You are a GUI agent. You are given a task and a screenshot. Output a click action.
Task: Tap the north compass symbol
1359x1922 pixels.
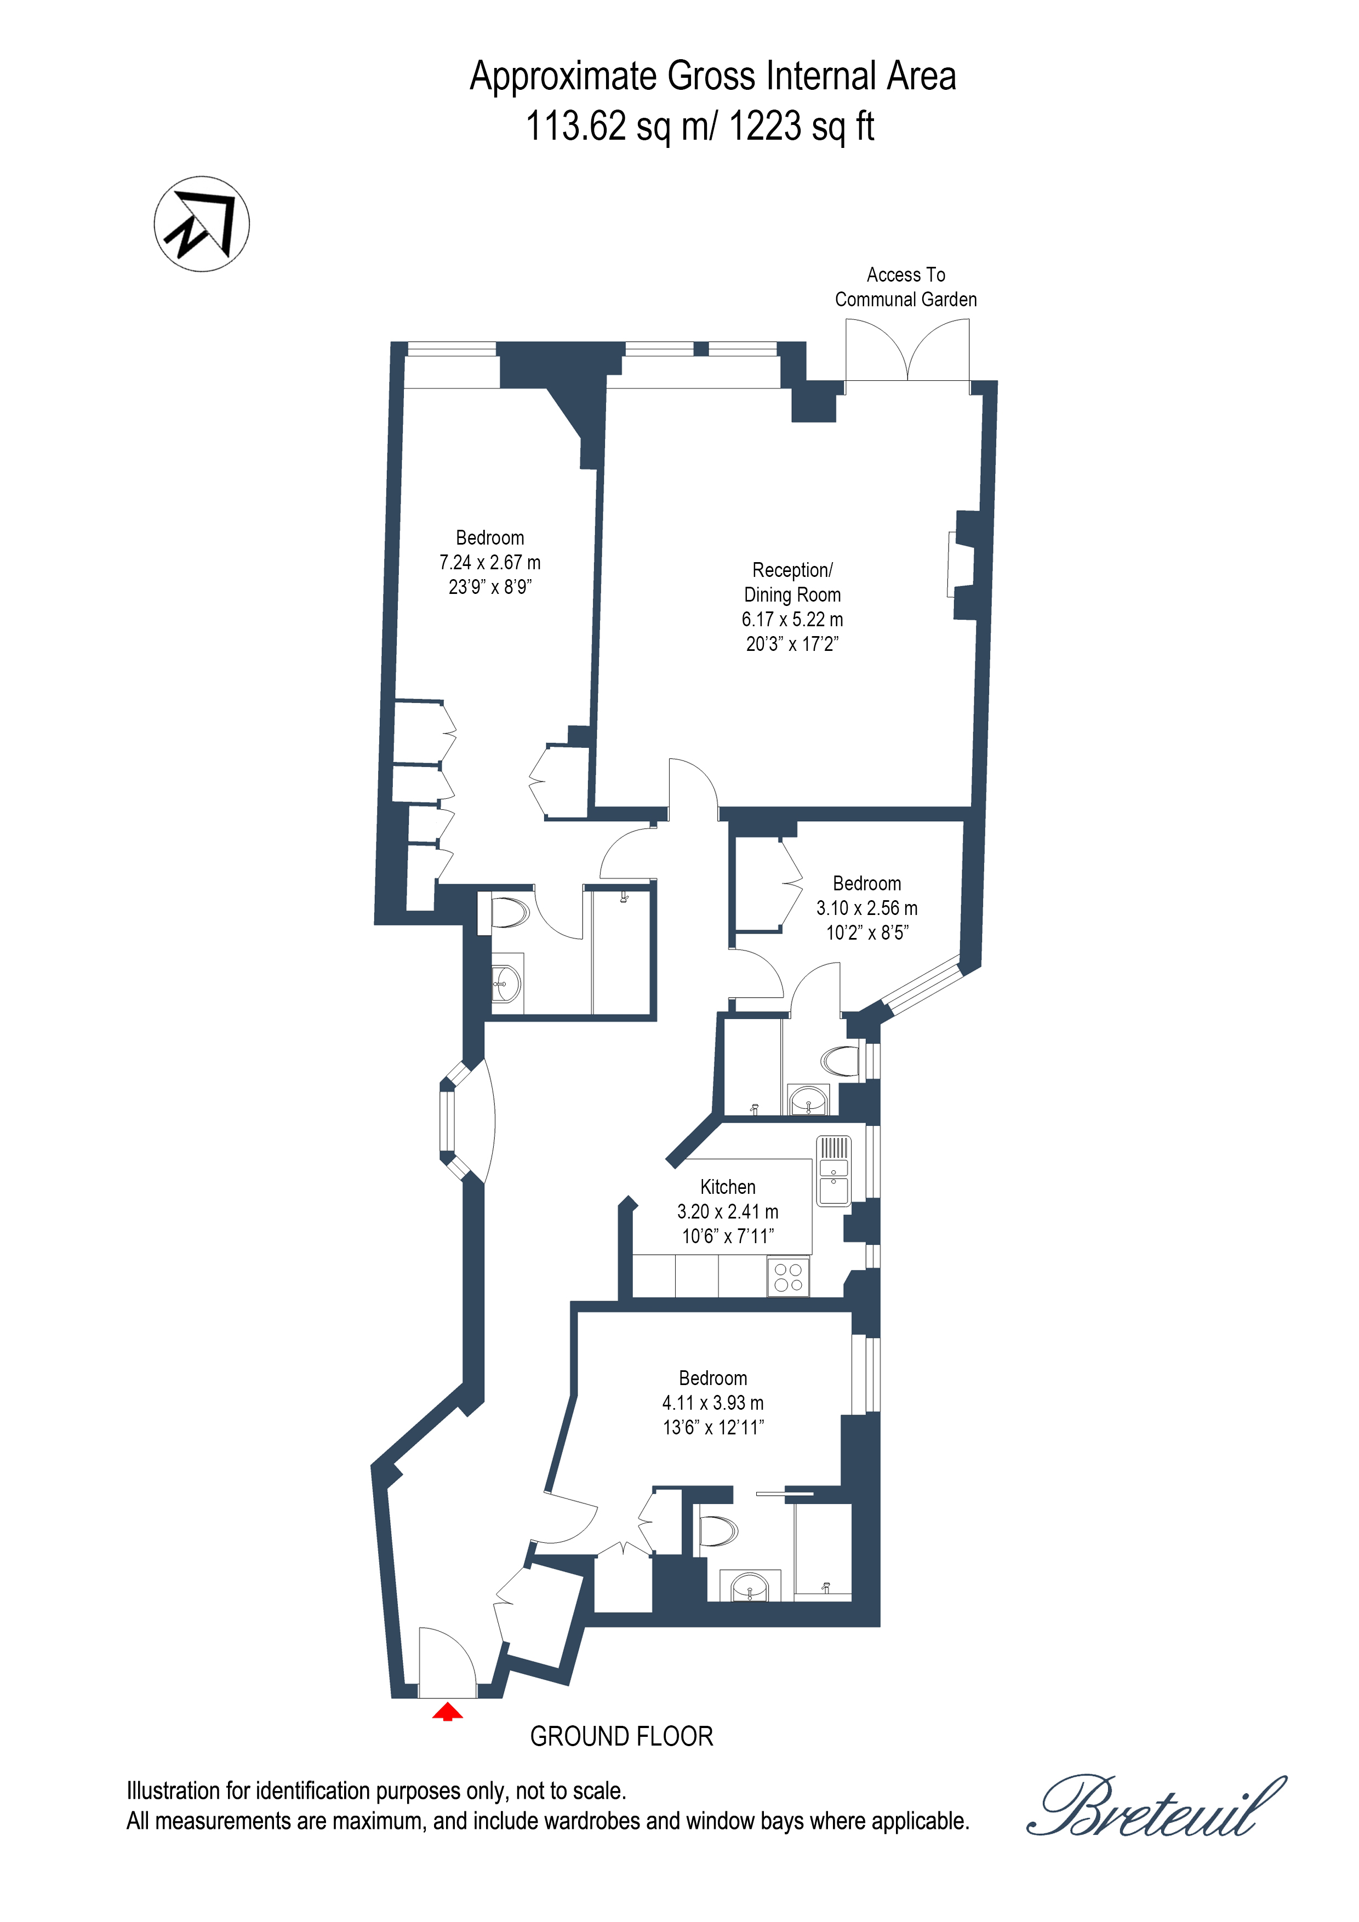(202, 224)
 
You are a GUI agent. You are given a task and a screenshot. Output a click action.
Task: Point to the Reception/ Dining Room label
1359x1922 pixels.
(792, 582)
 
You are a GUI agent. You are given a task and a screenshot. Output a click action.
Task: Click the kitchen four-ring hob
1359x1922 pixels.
(788, 1278)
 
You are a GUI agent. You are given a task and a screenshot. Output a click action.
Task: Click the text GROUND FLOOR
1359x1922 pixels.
(621, 1736)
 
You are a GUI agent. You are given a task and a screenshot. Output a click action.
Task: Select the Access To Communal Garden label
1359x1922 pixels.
(905, 287)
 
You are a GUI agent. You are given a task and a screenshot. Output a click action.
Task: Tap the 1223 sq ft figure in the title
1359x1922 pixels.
(801, 127)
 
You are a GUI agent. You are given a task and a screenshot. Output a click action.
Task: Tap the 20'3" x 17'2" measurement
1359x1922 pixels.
(792, 644)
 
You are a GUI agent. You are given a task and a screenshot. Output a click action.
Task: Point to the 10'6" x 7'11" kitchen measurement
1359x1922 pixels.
(728, 1235)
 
